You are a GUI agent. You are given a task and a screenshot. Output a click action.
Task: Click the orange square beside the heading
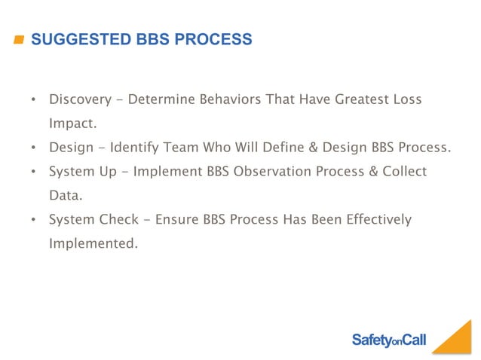coord(18,40)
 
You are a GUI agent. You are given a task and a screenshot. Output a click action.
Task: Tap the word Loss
coord(406,99)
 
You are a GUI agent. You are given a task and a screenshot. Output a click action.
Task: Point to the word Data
coord(65,196)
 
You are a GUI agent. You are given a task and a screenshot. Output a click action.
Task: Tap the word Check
coord(121,220)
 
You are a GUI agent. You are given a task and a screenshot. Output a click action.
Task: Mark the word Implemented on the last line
coord(93,244)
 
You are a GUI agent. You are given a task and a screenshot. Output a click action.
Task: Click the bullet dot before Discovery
coord(34,100)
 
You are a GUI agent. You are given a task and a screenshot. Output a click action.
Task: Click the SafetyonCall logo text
coord(388,340)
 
